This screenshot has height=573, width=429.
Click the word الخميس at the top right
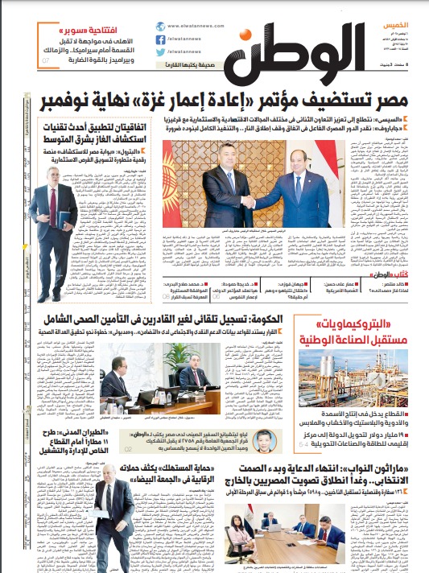click(x=403, y=27)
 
